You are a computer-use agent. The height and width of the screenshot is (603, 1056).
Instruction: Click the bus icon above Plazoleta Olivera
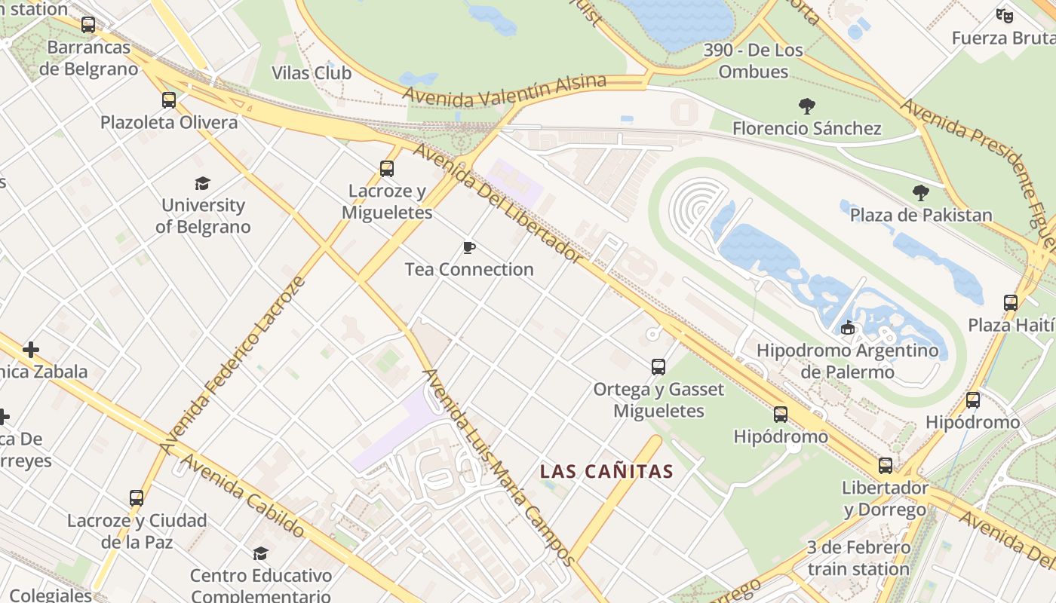click(168, 100)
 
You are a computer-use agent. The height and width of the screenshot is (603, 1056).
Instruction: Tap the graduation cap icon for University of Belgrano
click(202, 183)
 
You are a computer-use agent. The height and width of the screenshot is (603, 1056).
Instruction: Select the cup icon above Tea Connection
click(468, 247)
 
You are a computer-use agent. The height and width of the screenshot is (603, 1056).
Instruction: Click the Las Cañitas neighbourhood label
click(606, 472)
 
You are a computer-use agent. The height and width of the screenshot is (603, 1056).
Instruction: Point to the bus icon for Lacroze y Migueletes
click(387, 169)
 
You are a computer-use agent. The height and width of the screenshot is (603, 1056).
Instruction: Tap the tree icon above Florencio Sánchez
click(806, 106)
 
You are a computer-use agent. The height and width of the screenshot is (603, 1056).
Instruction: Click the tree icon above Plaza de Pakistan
click(920, 193)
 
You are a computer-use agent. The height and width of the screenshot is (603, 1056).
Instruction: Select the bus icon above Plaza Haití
click(1011, 303)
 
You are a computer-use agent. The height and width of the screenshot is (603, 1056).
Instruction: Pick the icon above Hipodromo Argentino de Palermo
click(847, 328)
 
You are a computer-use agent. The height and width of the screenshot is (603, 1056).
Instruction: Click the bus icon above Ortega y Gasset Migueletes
click(658, 367)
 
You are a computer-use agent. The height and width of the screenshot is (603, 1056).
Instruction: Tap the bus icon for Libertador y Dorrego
click(885, 466)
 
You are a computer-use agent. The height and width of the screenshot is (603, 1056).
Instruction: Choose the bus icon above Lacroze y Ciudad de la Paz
click(137, 498)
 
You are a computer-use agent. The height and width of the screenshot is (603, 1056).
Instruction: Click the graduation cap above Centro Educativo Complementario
click(260, 554)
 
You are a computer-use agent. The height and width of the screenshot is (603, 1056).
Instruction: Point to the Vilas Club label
click(312, 73)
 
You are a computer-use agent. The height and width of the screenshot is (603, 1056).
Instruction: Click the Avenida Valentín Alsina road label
click(505, 90)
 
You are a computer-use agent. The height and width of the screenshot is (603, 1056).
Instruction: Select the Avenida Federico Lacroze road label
click(233, 365)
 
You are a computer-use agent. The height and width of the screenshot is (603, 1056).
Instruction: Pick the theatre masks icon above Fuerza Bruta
click(1003, 15)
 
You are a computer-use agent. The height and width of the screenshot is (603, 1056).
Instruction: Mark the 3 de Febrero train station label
click(858, 558)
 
